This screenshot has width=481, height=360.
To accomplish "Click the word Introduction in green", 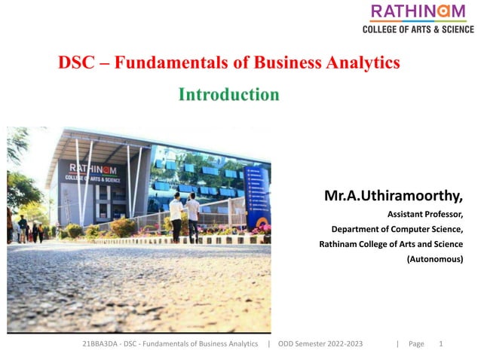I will click(228, 95).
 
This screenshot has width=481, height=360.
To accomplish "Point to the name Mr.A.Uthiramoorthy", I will click(393, 197).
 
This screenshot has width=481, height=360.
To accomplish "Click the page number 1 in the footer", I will click(440, 343).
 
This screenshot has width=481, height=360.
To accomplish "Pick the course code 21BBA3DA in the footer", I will click(100, 343).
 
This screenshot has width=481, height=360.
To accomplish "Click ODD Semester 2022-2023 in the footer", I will click(320, 343).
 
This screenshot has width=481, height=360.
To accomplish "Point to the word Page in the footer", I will click(416, 343).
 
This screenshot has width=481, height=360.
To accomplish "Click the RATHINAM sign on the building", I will click(97, 169).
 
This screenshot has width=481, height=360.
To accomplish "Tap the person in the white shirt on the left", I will click(176, 215).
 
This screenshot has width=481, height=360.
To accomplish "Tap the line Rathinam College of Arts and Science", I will click(391, 244).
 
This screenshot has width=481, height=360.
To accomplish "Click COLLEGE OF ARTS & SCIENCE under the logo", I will click(418, 29).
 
